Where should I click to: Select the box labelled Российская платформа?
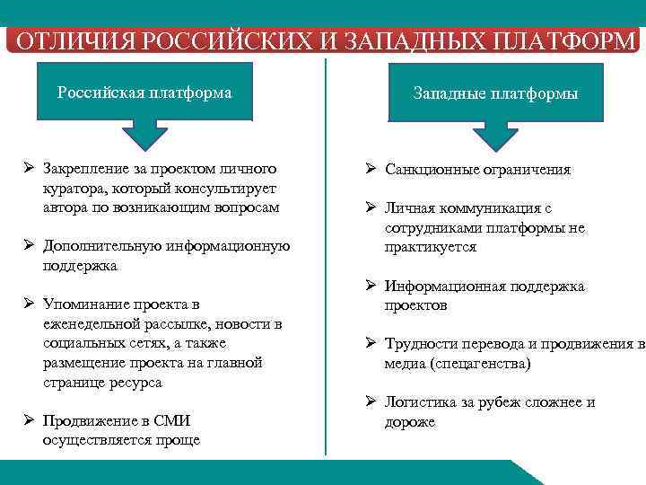144,93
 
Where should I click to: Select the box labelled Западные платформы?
494,93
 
